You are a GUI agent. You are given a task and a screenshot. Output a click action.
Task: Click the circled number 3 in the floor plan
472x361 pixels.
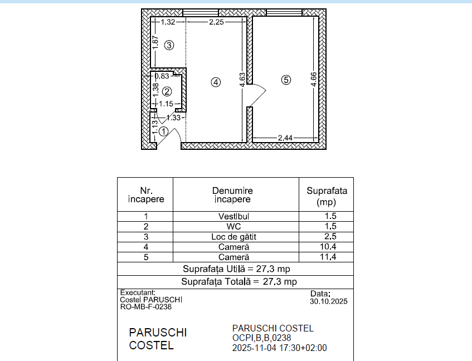coord(169,46)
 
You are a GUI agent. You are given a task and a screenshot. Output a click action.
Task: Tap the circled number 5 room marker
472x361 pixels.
coord(286,80)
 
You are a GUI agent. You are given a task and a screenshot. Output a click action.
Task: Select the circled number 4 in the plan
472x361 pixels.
coord(216,82)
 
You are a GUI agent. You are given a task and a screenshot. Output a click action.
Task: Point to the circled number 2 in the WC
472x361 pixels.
coord(167,91)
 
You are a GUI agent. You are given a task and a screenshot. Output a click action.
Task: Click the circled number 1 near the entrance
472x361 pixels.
coord(163,131)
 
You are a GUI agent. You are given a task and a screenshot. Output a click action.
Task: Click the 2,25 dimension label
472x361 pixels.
coord(216,22)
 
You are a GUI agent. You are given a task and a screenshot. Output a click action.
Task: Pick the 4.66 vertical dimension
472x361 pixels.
coord(314,80)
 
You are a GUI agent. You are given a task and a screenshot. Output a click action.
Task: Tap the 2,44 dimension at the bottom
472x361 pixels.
coord(285,138)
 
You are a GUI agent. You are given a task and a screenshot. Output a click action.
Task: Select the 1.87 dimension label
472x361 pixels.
coord(155,43)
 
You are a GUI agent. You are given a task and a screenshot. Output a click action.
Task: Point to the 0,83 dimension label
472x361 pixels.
coord(162,76)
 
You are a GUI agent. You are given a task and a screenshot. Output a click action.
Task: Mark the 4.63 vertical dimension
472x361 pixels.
coord(242,80)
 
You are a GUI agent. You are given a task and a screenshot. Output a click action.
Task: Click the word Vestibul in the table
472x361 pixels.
coord(233,216)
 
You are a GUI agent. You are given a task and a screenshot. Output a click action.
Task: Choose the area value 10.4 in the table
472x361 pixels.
coord(328,247)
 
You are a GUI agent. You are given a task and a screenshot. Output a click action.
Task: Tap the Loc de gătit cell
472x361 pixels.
coord(233,237)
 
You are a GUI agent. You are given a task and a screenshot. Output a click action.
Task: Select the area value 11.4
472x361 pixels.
coord(328,257)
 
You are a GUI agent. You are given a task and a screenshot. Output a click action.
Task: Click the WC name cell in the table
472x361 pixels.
coord(233,227)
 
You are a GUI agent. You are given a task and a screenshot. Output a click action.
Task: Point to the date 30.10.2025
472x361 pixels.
coord(329,301)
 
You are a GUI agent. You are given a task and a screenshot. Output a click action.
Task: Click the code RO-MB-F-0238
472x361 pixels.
coord(145,307)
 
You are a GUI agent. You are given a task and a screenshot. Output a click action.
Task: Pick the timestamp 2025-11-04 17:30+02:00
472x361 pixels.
coord(279,348)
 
